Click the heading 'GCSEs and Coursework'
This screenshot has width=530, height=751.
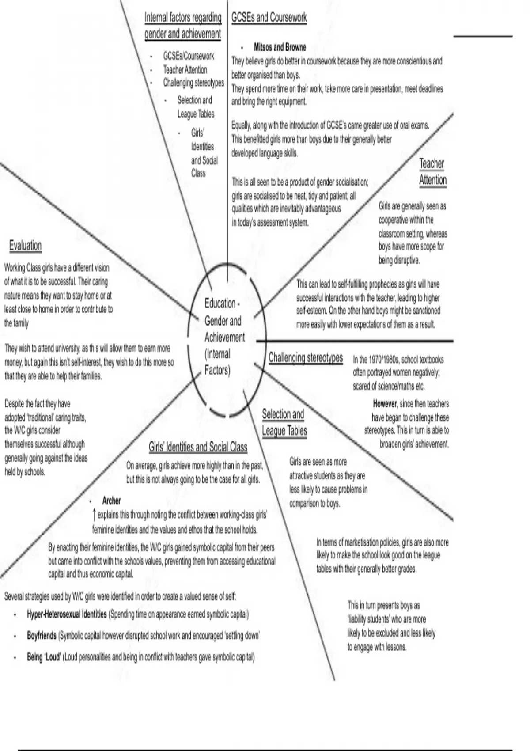click(269, 18)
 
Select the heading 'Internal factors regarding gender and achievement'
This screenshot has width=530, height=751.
click(183, 26)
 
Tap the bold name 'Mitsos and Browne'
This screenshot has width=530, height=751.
click(280, 47)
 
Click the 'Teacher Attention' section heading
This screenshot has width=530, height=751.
click(432, 172)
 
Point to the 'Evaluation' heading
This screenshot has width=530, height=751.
click(25, 246)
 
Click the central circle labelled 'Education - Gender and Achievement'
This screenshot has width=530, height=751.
click(224, 337)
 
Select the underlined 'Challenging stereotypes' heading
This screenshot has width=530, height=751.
click(306, 357)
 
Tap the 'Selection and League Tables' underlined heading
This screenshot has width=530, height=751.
click(284, 422)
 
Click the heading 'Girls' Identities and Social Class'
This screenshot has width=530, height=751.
click(198, 447)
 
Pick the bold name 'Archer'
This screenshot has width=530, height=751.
click(111, 501)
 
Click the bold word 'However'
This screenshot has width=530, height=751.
click(385, 404)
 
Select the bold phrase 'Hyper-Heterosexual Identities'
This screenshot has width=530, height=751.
click(67, 614)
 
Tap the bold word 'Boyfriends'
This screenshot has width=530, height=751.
click(42, 636)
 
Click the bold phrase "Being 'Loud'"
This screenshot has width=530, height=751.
click(43, 657)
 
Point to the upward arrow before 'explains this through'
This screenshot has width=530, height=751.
click(94, 514)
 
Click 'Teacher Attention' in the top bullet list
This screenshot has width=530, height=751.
click(185, 69)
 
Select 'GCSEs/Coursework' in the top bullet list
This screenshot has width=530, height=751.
click(189, 56)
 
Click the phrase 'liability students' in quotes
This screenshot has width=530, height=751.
click(365, 619)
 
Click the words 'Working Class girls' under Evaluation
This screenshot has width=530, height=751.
click(29, 268)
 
